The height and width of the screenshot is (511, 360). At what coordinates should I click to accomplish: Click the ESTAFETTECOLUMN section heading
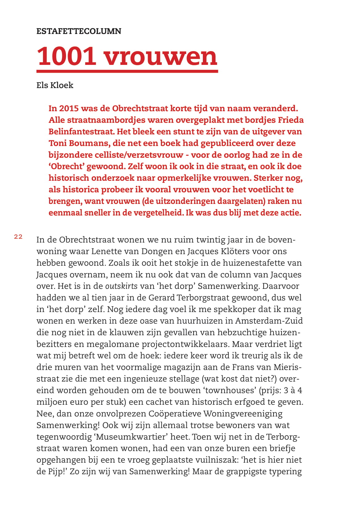(79, 31)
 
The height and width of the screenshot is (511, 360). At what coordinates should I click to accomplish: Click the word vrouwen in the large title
(161, 56)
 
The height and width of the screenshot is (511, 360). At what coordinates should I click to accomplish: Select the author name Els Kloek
(55, 85)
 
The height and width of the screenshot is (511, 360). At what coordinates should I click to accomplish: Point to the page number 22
(18, 237)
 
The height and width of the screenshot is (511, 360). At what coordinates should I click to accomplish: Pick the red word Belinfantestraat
(81, 132)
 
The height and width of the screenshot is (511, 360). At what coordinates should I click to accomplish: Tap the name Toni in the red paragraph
(58, 143)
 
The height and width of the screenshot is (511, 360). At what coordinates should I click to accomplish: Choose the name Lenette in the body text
(108, 251)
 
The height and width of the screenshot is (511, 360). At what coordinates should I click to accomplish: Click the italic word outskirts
(121, 286)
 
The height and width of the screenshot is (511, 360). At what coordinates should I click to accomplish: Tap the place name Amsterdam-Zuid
(269, 321)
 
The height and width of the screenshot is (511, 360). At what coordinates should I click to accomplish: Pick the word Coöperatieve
(175, 414)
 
